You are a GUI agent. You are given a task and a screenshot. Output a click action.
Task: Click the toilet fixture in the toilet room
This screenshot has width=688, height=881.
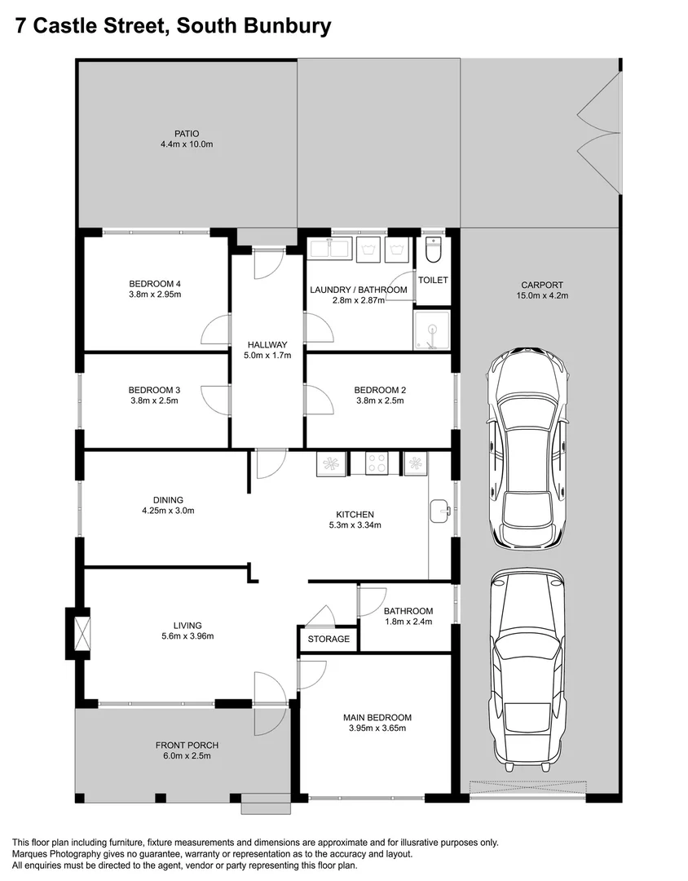[x=433, y=250]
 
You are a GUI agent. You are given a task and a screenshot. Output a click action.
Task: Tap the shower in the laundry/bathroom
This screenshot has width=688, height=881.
[x=432, y=330]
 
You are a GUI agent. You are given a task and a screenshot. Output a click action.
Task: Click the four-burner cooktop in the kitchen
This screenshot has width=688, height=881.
[x=377, y=463]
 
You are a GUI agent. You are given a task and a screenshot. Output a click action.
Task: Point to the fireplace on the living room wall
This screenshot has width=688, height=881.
[x=82, y=633]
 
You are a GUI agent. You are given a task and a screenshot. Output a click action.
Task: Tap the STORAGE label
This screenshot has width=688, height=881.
[x=329, y=639]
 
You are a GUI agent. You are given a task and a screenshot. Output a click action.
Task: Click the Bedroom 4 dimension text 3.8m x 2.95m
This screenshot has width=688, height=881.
[x=155, y=294]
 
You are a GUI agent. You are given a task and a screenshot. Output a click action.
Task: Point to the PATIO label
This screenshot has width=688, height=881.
[x=187, y=134]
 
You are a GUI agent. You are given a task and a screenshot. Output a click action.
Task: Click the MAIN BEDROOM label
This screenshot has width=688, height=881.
[x=377, y=718]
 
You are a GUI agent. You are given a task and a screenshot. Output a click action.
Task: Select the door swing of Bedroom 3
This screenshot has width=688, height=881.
[x=214, y=400]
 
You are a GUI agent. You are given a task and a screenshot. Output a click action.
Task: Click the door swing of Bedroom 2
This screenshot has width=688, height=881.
[x=319, y=401]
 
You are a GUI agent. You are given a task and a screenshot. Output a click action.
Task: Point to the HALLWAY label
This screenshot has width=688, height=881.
[x=267, y=344]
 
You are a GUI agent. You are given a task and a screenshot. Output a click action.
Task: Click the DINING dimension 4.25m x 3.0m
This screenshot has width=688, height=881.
[x=168, y=511]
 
